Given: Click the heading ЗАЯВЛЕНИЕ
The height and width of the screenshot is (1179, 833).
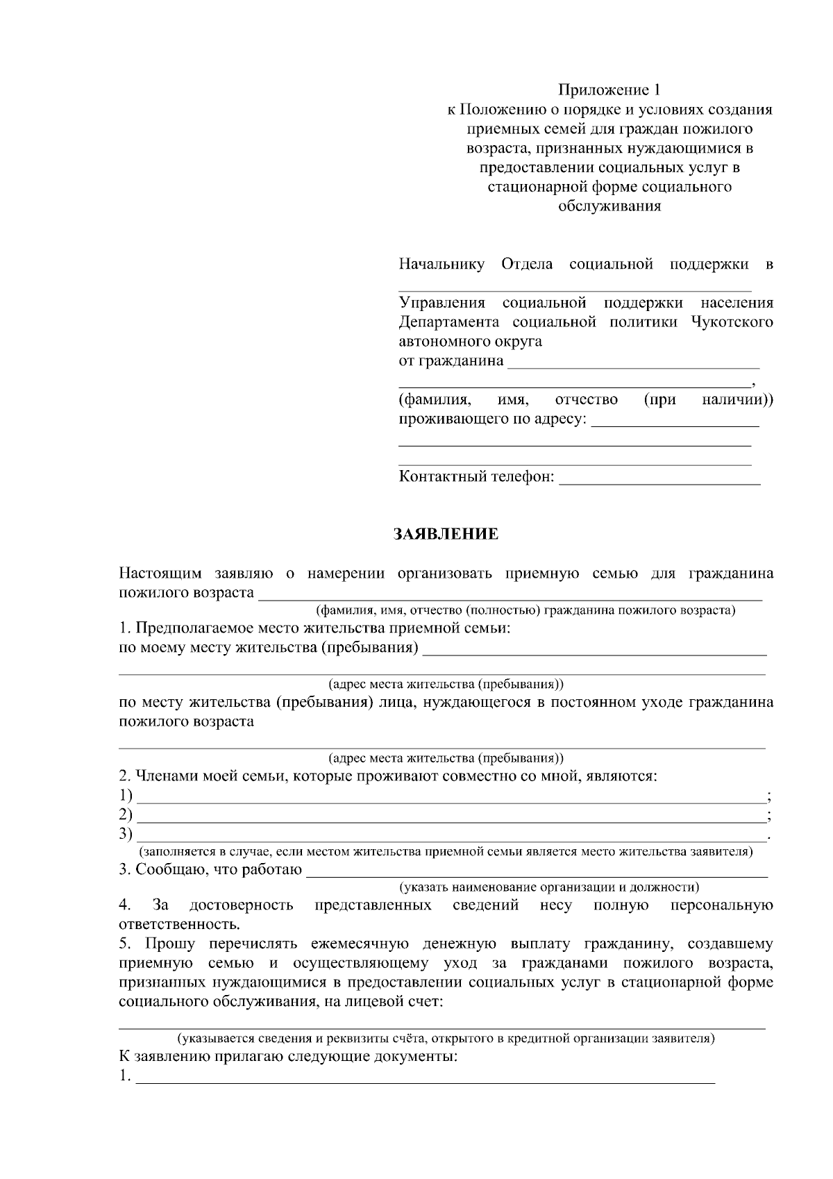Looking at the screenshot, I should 446,534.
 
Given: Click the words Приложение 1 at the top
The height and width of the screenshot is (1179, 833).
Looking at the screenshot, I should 609,90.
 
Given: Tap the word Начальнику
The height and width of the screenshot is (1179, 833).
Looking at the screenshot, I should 441,265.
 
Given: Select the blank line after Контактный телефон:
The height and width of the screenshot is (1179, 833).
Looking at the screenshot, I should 659,480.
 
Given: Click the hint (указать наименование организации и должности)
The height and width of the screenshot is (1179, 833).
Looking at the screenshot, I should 548,887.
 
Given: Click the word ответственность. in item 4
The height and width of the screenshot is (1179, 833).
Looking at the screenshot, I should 180,925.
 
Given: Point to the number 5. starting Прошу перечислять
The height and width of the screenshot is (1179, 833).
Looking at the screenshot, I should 125,944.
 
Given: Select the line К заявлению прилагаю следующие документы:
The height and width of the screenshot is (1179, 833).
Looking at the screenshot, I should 288,1058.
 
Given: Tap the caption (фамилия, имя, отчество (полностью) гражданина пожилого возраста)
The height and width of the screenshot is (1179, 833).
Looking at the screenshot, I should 525,610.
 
